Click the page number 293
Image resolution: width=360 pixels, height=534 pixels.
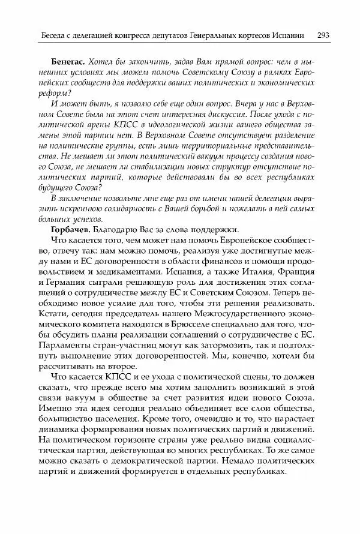pos(321,35)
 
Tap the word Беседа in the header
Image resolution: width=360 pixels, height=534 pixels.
pos(47,36)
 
